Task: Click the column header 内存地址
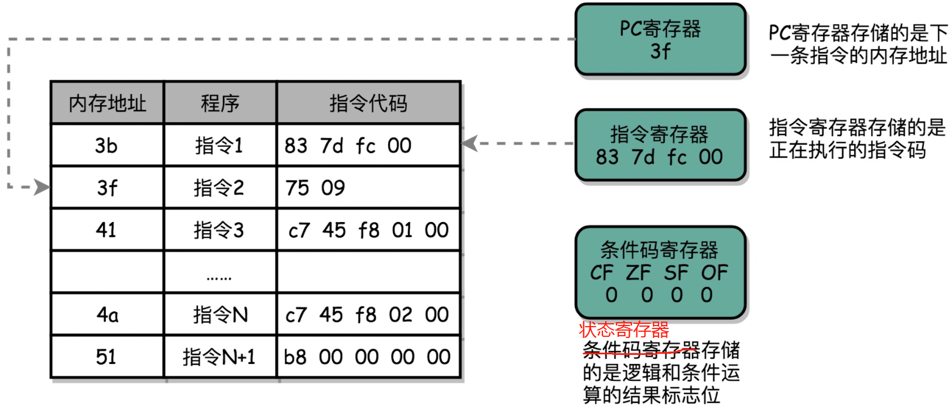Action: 107,103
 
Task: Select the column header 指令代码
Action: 368,103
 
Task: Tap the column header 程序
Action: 220,103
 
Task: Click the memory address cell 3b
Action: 106,146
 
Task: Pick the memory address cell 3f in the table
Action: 106,188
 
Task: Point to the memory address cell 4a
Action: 106,314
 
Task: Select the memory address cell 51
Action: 106,357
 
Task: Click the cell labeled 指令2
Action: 219,188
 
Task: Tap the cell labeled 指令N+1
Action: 219,357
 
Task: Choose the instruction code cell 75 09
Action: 316,188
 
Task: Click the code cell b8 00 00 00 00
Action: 367,357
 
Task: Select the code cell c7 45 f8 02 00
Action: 367,314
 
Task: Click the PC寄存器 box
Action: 660,40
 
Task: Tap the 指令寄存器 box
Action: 660,145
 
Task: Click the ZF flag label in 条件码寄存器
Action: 638,273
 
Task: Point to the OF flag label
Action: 715,273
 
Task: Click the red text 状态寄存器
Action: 624,329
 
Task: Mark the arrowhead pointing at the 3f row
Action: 42,187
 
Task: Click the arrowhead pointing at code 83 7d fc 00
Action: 470,143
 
